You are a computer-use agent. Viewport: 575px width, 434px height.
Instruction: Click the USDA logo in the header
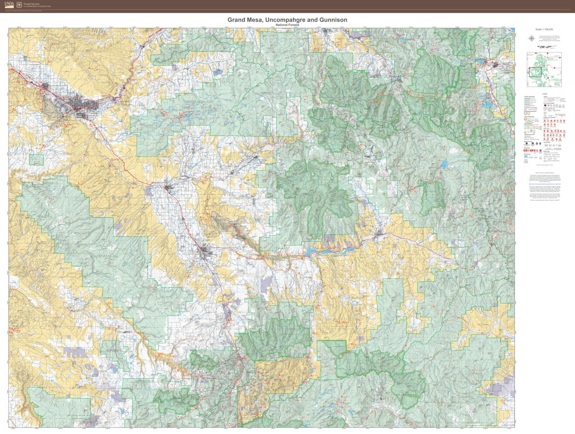click(x=9, y=5)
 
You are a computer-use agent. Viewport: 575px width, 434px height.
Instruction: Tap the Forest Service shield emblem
click(x=19, y=5)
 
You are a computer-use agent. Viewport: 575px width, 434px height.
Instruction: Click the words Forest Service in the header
click(x=32, y=4)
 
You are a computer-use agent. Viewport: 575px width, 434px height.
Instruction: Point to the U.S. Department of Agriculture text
click(x=37, y=7)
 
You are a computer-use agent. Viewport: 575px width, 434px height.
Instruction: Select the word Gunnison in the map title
click(x=332, y=20)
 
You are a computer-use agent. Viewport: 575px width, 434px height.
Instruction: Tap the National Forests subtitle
click(x=287, y=25)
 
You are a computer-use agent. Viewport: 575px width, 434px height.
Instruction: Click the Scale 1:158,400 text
click(x=544, y=29)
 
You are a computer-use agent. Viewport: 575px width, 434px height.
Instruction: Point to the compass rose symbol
click(x=531, y=38)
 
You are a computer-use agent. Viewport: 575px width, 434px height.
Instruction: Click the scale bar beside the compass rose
click(x=548, y=47)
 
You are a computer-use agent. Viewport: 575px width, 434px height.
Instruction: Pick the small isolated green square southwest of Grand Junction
click(x=36, y=160)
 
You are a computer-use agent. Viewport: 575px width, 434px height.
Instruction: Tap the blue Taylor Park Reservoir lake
click(x=443, y=164)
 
